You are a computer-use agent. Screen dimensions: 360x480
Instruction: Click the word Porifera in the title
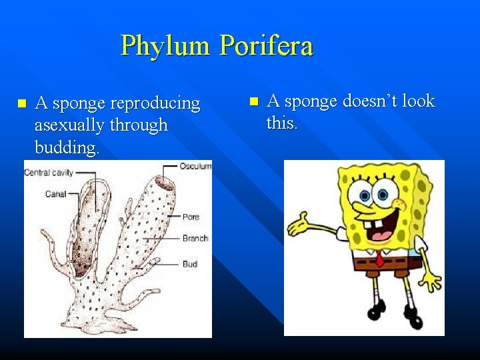266,46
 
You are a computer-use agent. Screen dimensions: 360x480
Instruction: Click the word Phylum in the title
167,47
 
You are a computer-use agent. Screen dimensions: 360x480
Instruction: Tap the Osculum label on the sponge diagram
195,166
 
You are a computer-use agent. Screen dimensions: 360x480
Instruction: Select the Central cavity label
49,173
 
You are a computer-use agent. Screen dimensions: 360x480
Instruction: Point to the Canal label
55,194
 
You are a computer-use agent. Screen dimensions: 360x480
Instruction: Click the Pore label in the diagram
191,217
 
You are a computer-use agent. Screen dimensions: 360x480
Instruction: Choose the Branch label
195,238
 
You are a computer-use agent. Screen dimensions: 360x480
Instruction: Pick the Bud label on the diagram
190,264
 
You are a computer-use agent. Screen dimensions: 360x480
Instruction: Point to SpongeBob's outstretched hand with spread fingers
299,223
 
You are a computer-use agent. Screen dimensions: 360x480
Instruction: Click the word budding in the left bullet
66,147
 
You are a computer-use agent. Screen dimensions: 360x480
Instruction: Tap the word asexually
71,125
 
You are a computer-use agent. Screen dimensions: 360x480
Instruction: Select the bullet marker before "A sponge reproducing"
21,104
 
